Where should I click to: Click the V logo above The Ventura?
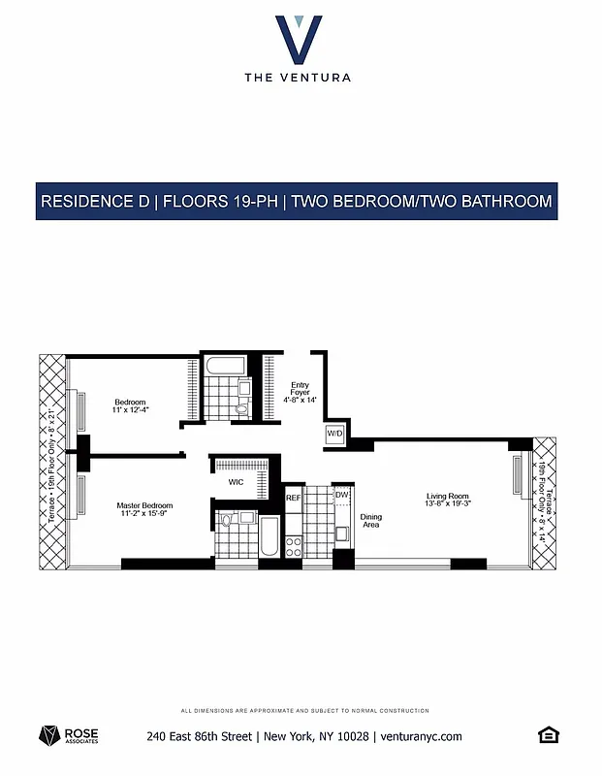(x=299, y=39)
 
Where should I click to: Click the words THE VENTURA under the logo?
(x=299, y=77)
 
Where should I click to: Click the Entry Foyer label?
(x=300, y=392)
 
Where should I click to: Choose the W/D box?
(x=335, y=434)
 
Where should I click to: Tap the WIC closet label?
(x=236, y=481)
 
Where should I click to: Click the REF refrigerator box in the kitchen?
(x=294, y=498)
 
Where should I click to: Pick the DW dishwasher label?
(x=341, y=496)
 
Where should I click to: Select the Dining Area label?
(x=370, y=521)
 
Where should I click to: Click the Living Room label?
(x=448, y=501)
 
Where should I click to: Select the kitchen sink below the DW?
(x=341, y=533)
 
